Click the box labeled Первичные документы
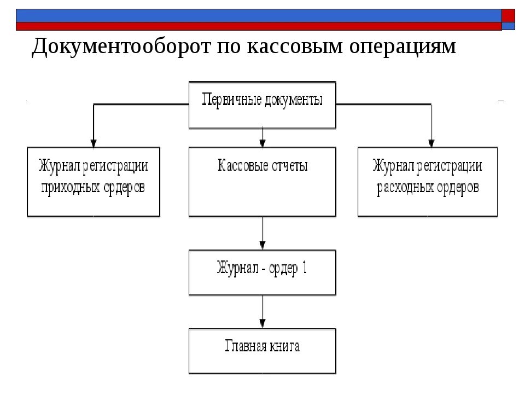click(x=262, y=105)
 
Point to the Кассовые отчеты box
click(x=262, y=182)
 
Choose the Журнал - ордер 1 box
click(x=262, y=272)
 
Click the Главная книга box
click(x=262, y=350)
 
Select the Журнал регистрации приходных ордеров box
click(x=94, y=182)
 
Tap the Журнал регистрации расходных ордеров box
click(x=428, y=182)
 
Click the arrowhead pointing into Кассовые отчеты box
click(x=262, y=144)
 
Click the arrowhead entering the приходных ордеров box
click(x=94, y=144)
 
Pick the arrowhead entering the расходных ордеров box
click(x=431, y=144)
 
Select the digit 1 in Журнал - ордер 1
click(x=305, y=268)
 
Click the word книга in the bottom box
click(x=284, y=346)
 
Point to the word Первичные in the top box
click(x=232, y=101)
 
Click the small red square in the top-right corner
click(x=509, y=15)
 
